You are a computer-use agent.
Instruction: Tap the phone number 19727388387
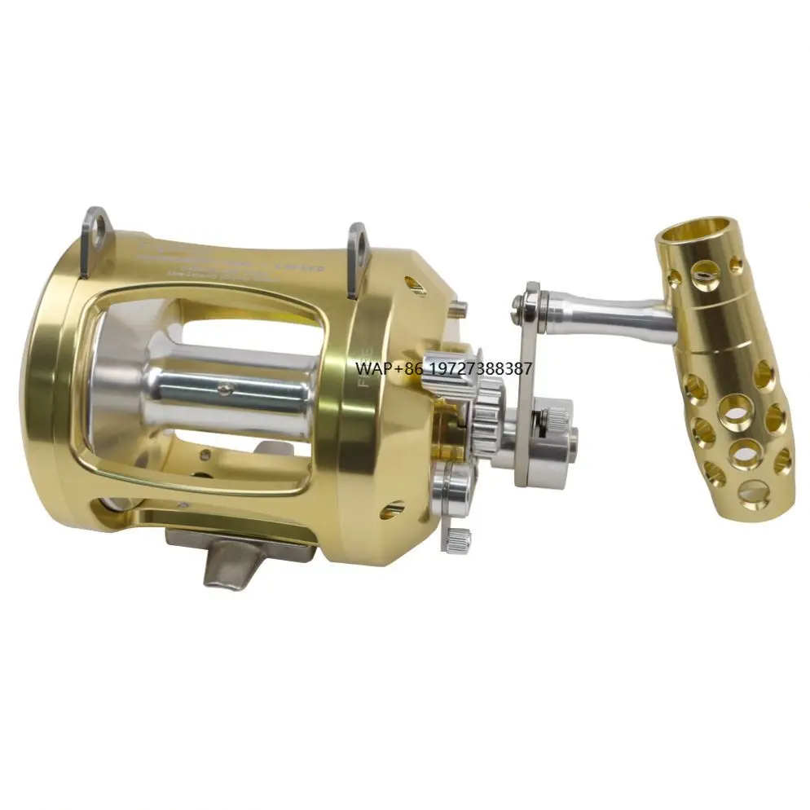tap(482, 368)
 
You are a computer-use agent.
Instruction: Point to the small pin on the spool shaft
tap(225, 390)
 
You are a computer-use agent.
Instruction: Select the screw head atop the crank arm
tap(519, 304)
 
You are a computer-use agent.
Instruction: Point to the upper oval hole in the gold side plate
tap(415, 285)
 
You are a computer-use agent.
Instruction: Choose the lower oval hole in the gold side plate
tap(394, 510)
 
